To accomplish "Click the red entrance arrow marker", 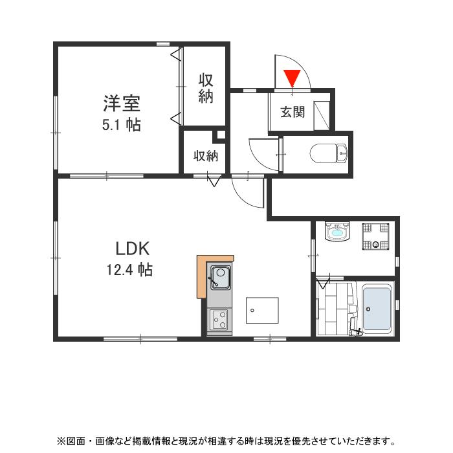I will point(293,78).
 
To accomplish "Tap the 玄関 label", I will point(292,112).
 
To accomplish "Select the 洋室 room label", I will point(122,102).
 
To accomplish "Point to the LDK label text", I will point(133,248).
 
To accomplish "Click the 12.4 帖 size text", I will point(129,270).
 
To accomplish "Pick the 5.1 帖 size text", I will point(121,125).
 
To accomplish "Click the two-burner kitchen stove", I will point(219,319).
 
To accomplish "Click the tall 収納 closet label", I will point(206,89).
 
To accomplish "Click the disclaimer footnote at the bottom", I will point(226,441).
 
